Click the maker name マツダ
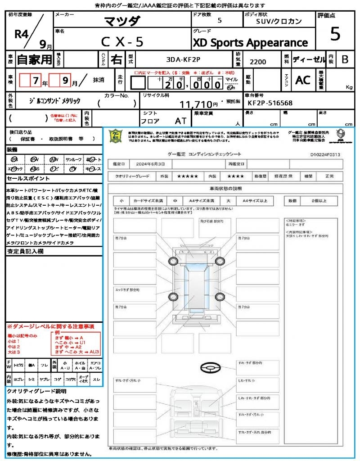pyautogui.click(x=122, y=21)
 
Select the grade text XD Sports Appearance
pyautogui.click(x=251, y=43)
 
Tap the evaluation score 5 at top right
pyautogui.click(x=335, y=34)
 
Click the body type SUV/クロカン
pyautogui.click(x=279, y=22)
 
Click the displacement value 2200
pyautogui.click(x=258, y=62)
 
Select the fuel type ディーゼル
pyautogui.click(x=308, y=59)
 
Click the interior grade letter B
pyautogui.click(x=344, y=59)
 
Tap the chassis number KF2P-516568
pyautogui.click(x=270, y=103)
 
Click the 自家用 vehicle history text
pyautogui.click(x=35, y=59)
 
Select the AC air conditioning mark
pyautogui.click(x=302, y=80)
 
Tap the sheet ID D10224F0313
pyautogui.click(x=325, y=154)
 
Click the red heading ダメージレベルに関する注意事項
pyautogui.click(x=50, y=326)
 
